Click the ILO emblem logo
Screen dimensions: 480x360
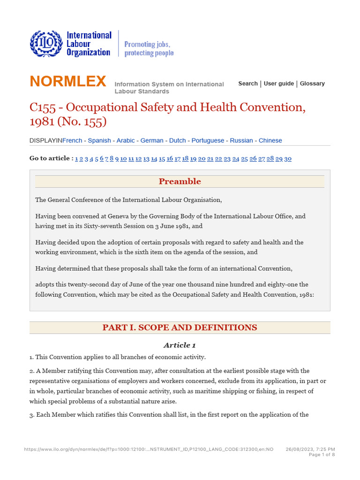pyautogui.click(x=45, y=44)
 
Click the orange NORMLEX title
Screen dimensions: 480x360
pyautogui.click(x=68, y=82)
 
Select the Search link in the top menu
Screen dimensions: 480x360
pyautogui.click(x=247, y=83)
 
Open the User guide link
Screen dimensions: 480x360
pyautogui.click(x=279, y=83)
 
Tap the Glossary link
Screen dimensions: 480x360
pyautogui.click(x=312, y=83)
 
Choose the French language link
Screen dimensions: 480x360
pyautogui.click(x=72, y=141)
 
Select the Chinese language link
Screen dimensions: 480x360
pyautogui.click(x=270, y=141)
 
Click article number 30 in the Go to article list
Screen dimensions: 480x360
pyautogui.click(x=288, y=158)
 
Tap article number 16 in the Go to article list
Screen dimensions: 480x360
pyautogui.click(x=170, y=158)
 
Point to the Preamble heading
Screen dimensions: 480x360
pyautogui.click(x=180, y=181)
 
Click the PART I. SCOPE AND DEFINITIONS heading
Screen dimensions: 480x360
pyautogui.click(x=180, y=328)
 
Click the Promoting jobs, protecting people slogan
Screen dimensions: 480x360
pyautogui.click(x=149, y=49)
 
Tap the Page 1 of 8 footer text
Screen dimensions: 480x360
pyautogui.click(x=322, y=455)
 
